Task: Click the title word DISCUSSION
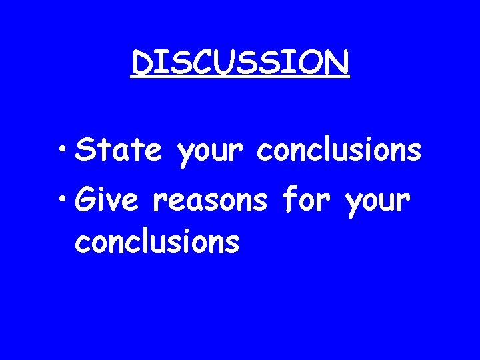240,63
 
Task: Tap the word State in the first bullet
119,151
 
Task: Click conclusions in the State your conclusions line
339,151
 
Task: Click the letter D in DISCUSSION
142,63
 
